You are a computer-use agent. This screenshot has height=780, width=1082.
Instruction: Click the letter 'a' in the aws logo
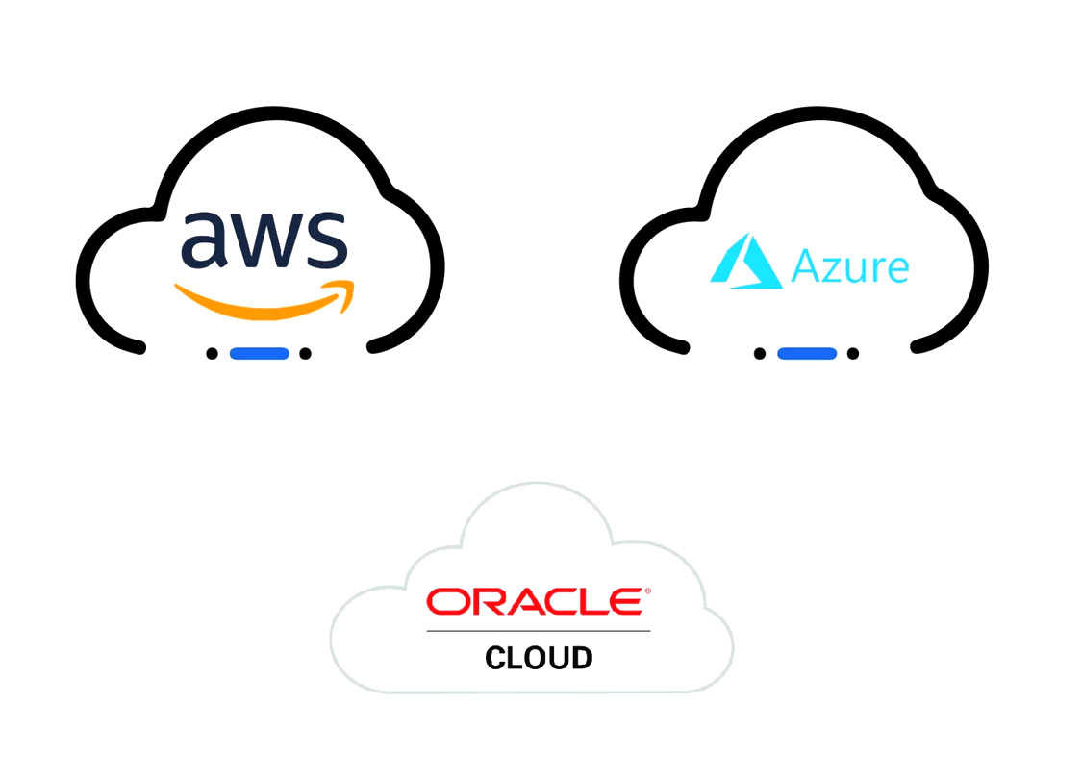(204, 239)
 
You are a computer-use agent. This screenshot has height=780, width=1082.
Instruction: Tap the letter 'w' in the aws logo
(263, 239)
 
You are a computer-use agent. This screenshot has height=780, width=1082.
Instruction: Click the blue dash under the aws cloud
(259, 353)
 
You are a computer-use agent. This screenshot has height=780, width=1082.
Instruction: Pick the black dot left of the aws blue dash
(212, 353)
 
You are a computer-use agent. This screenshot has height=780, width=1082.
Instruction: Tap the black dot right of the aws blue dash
(305, 353)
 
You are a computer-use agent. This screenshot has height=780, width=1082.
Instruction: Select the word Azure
(849, 265)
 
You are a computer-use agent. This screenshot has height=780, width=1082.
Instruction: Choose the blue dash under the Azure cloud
(807, 353)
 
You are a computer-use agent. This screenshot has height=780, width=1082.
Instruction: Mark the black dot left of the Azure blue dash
(760, 353)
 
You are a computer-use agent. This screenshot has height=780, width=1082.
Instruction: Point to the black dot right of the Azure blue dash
(853, 353)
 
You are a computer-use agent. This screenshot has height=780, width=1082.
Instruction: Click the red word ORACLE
(535, 601)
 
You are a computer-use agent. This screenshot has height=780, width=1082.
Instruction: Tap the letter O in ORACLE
(446, 601)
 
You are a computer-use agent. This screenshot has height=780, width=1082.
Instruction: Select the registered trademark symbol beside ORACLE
(647, 591)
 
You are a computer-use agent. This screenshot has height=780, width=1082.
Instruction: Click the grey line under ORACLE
(539, 631)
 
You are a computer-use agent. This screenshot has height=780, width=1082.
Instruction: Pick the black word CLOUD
(539, 658)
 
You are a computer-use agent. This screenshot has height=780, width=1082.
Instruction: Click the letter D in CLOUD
(581, 658)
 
